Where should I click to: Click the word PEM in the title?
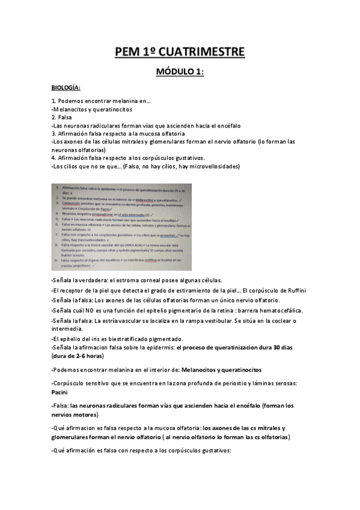128,53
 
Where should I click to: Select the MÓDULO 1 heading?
180,72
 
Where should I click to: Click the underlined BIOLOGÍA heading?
66,88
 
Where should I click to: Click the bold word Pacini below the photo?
63,392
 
